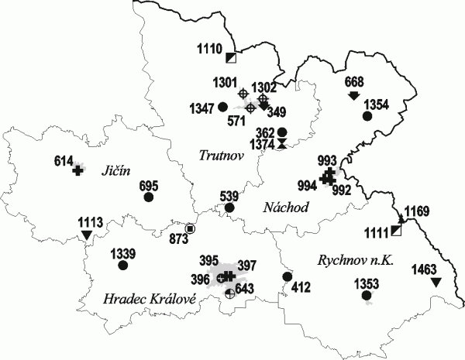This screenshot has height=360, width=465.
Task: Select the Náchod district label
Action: pyautogui.click(x=285, y=207)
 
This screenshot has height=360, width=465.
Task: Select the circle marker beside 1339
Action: pyautogui.click(x=122, y=266)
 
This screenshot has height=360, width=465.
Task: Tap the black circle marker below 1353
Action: pyautogui.click(x=367, y=295)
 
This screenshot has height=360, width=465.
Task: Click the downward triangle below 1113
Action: pyautogui.click(x=86, y=234)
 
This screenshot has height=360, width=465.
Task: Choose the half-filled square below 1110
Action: pyautogui.click(x=230, y=58)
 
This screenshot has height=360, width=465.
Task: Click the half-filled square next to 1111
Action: pyautogui.click(x=396, y=231)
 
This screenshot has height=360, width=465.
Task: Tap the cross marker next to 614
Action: pyautogui.click(x=77, y=170)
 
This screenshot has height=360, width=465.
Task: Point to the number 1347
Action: pyautogui.click(x=201, y=107)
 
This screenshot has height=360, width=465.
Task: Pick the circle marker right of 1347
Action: pyautogui.click(x=222, y=107)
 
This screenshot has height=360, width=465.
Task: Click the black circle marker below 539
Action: pyautogui.click(x=229, y=207)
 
